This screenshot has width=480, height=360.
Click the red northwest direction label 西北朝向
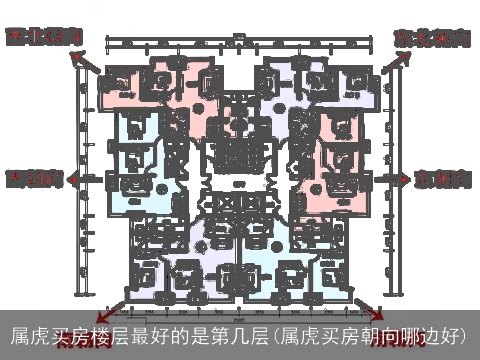(42, 37)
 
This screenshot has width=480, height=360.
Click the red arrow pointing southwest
(112, 312)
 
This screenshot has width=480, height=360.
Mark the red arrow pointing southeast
(369, 311)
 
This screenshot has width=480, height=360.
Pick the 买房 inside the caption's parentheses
(338, 334)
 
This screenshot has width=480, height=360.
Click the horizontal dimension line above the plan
(240, 43)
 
